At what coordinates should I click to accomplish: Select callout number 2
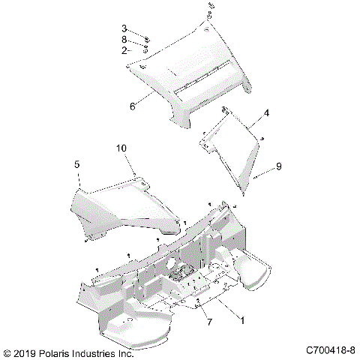[124, 50]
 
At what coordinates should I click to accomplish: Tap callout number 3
[124, 28]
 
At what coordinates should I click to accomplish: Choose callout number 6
[132, 106]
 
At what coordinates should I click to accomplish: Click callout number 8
[124, 39]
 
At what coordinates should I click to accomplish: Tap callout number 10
[121, 148]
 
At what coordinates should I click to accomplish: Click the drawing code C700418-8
[329, 350]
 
